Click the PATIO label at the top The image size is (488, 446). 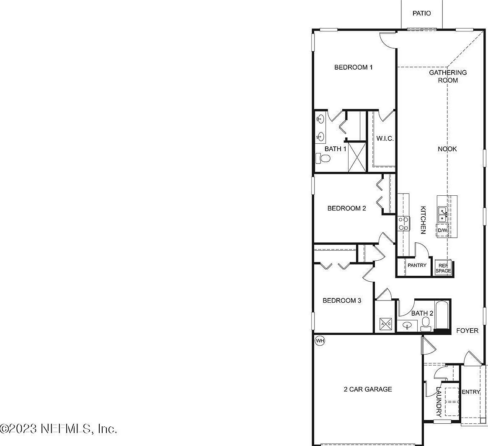pos(421,13)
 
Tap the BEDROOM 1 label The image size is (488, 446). pos(353,67)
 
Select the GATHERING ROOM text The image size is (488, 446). pos(447,76)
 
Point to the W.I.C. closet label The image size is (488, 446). pos(385,139)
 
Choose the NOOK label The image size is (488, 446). pos(447,149)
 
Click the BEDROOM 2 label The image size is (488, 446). pos(346,208)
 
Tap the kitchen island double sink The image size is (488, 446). pos(442,215)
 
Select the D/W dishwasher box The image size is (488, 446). pos(442,231)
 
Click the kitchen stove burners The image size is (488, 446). pos(403,223)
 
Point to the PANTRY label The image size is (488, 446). pos(417,265)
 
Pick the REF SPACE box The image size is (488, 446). pos(443,268)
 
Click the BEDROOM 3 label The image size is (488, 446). pos(342,301)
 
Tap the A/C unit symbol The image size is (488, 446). pos(385,324)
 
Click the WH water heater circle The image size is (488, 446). pos(320,340)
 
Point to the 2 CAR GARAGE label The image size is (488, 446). pos(368,389)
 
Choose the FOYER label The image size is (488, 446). pos(467,331)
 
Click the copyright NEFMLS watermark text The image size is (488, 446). pos(59,429)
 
